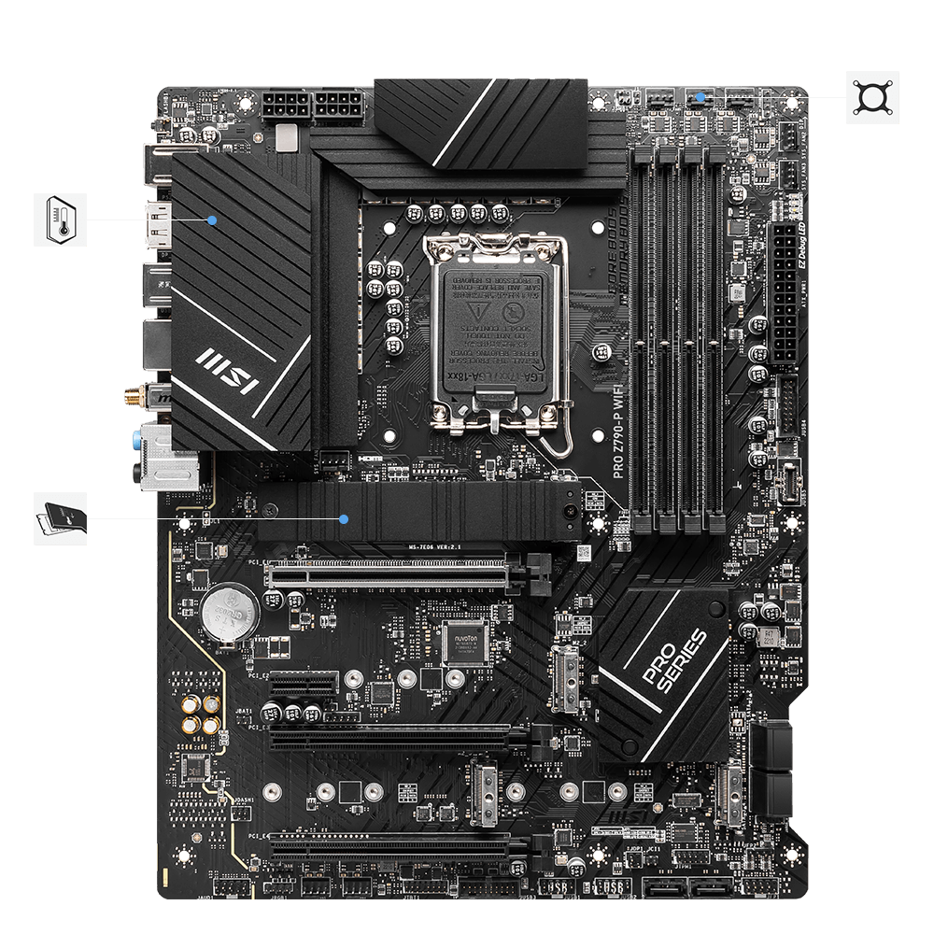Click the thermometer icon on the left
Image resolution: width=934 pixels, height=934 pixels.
point(60,219)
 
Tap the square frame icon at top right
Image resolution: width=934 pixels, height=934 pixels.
point(872,97)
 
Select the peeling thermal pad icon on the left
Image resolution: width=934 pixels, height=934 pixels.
point(60,518)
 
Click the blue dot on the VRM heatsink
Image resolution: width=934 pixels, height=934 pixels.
point(213,220)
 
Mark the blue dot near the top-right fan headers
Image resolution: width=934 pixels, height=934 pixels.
point(714,97)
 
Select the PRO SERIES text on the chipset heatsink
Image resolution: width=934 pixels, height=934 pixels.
point(675,661)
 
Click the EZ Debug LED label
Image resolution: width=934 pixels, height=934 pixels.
point(800,253)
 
